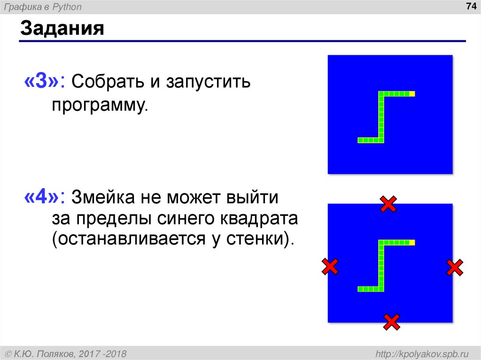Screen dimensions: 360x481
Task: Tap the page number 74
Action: point(469,7)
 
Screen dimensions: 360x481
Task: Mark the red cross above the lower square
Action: point(388,204)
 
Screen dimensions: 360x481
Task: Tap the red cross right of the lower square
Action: point(454,268)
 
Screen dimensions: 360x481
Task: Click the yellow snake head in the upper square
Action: point(412,94)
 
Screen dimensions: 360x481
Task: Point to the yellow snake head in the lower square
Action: point(412,243)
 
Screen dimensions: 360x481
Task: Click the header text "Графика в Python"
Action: point(43,7)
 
